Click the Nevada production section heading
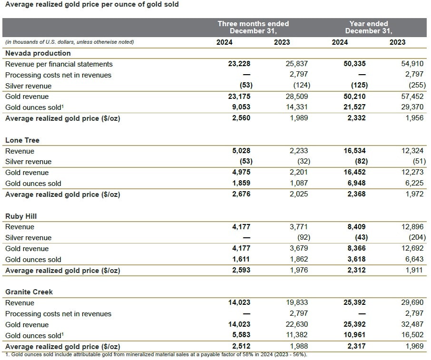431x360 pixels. (x=38, y=53)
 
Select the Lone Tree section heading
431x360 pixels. (x=22, y=140)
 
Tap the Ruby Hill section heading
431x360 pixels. (x=21, y=216)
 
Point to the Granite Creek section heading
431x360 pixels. (x=29, y=292)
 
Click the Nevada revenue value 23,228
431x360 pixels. (x=239, y=64)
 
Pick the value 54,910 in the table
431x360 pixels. (x=412, y=64)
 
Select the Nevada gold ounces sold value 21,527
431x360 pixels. (x=354, y=107)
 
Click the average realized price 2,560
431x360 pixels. (x=241, y=118)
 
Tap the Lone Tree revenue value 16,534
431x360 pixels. (x=354, y=151)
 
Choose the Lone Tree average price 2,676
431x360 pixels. (x=241, y=194)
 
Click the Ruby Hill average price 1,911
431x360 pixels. (x=414, y=270)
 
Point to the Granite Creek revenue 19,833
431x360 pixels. (x=297, y=302)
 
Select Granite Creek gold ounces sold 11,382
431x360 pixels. (x=297, y=335)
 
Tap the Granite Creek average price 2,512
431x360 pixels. (x=241, y=346)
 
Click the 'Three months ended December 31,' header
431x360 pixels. (x=253, y=27)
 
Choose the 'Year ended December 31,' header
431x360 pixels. (x=369, y=27)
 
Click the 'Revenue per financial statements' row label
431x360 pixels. (x=59, y=64)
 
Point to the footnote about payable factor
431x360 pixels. (x=156, y=355)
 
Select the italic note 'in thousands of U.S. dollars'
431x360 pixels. (x=69, y=42)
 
